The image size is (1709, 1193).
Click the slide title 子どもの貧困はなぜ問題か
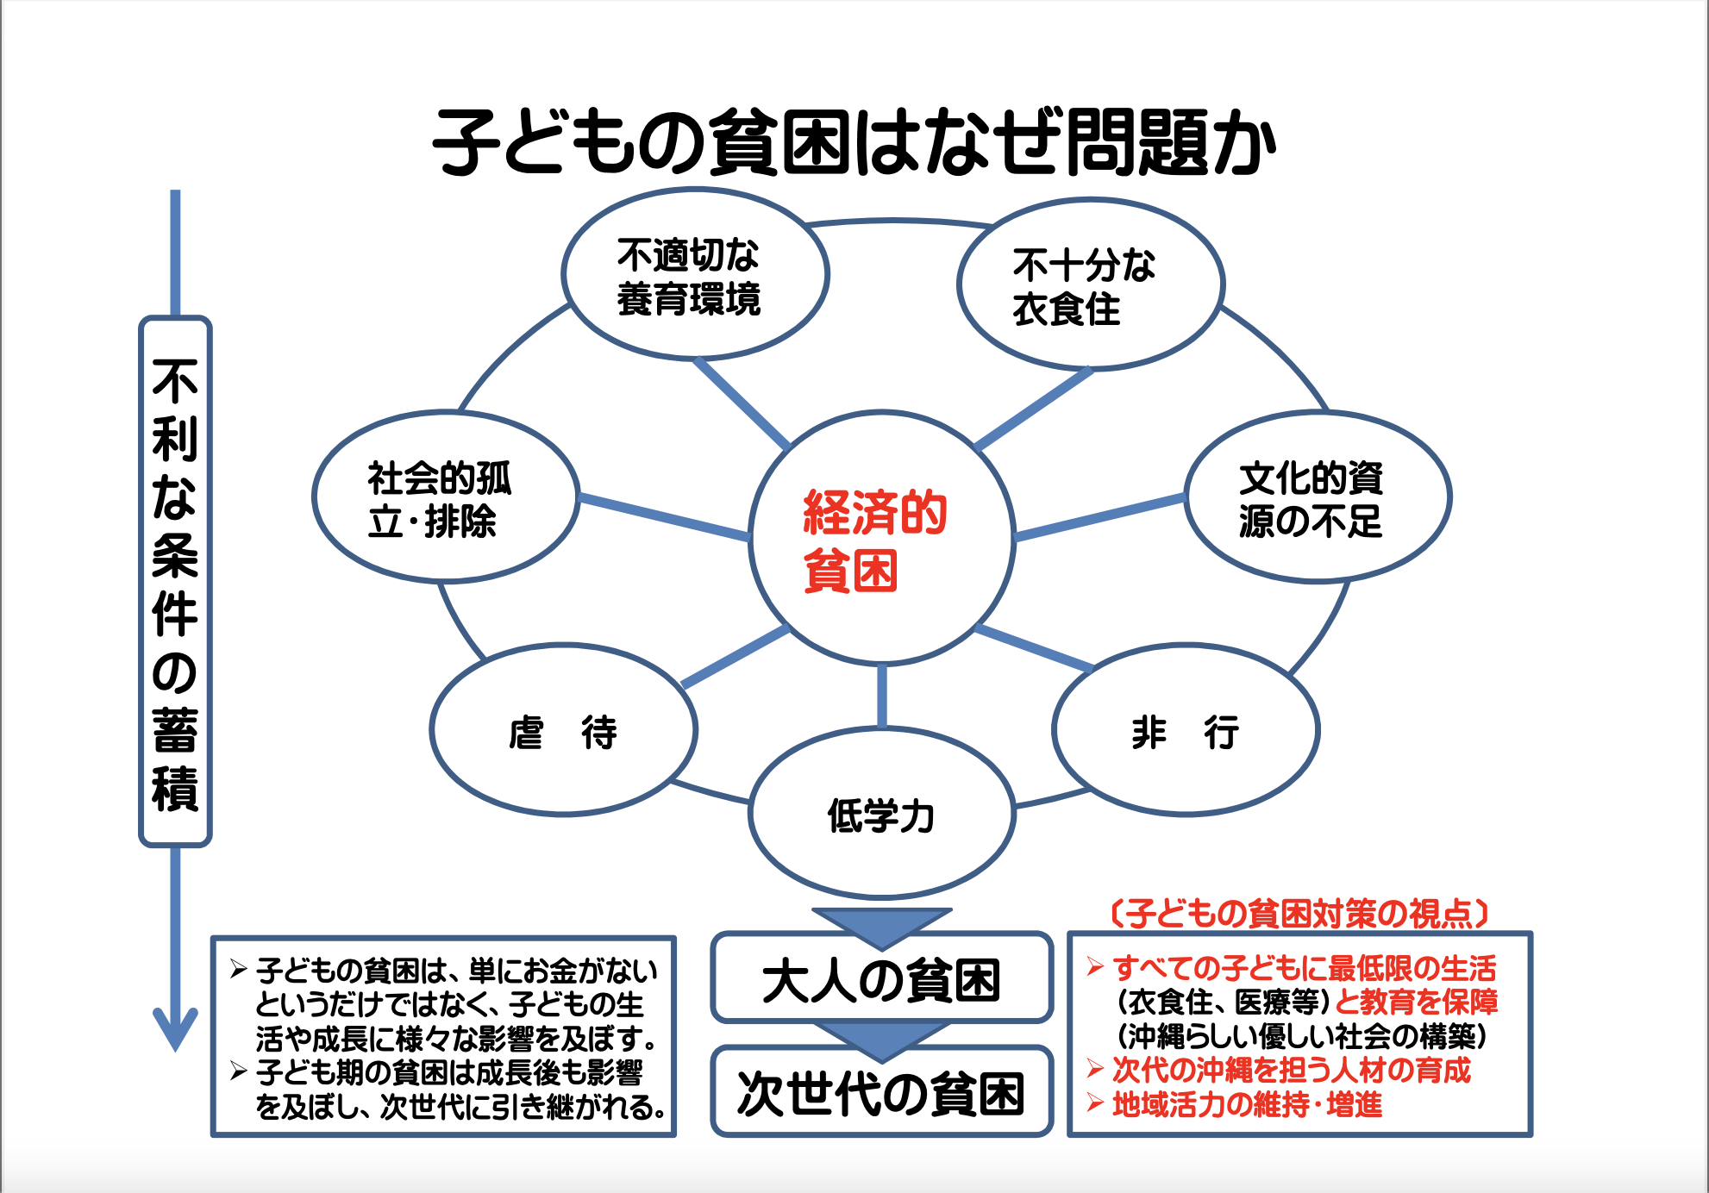coord(854,143)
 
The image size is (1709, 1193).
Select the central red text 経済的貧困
coord(874,541)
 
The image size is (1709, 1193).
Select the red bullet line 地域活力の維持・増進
coord(1247,1104)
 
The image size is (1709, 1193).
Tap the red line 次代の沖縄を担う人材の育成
coord(1291,1071)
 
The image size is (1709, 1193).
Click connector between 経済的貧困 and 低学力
coord(881,696)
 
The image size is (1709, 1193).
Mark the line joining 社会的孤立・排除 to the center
coord(664,517)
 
